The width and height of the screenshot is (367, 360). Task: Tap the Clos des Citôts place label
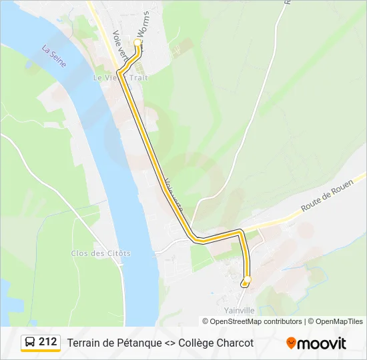tap(101, 253)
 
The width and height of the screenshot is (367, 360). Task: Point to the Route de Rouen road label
tap(326, 199)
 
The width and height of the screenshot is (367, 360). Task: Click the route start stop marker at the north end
tap(138, 43)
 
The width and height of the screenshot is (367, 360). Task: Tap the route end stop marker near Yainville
tap(246, 280)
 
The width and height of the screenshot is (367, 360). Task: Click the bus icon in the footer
tap(30, 343)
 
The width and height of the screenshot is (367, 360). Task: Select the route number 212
tap(48, 342)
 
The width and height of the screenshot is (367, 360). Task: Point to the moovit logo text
tap(322, 343)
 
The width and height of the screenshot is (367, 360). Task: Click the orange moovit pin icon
tap(291, 343)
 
